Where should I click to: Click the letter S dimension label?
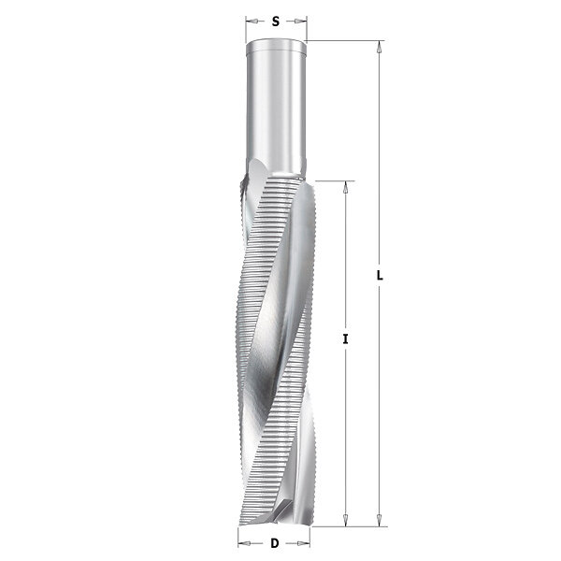point(275,22)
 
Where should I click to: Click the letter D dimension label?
point(274,543)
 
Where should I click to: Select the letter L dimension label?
point(380,276)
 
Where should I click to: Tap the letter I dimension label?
point(345,338)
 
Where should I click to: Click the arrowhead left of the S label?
point(252,22)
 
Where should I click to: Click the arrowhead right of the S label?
point(301,22)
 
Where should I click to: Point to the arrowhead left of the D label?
point(244,544)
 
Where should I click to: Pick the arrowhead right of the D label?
point(304,544)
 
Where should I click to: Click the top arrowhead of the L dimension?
point(380,47)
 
